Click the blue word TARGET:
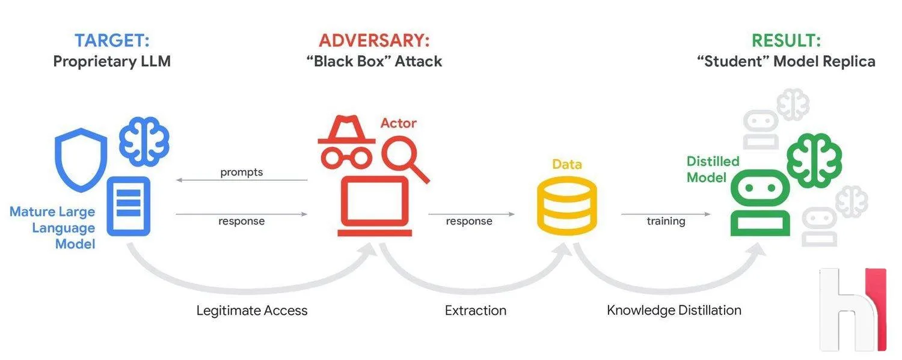(112, 40)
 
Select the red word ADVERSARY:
(375, 40)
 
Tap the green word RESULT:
(786, 40)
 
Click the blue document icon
(129, 206)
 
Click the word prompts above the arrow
(242, 172)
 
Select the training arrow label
(666, 221)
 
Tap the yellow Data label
(567, 163)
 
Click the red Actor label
(399, 123)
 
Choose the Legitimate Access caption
(252, 311)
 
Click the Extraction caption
(476, 311)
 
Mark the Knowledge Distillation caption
(673, 311)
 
